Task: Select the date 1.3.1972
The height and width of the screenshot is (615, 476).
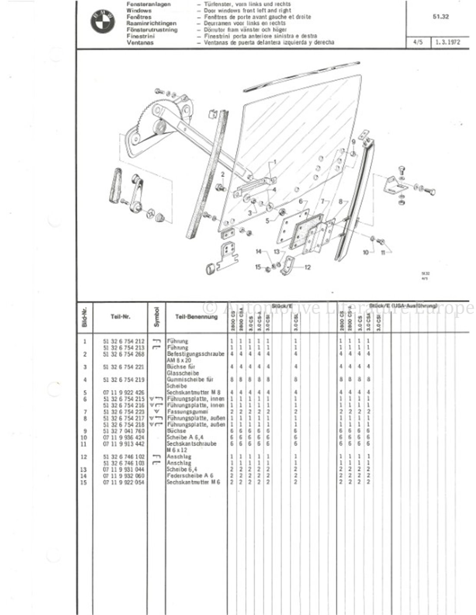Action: point(447,43)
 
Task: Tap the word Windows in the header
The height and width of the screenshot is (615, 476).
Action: point(139,10)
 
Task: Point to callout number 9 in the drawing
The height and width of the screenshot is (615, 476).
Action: point(353,142)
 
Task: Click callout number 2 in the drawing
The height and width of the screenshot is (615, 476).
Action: point(222,175)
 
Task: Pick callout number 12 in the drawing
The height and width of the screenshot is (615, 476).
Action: point(308,267)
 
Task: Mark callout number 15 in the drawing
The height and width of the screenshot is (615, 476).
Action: point(258,267)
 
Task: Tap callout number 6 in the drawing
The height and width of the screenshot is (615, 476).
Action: point(300,202)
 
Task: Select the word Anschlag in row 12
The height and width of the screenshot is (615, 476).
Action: point(178,457)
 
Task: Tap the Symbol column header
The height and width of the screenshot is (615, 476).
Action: point(156,316)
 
